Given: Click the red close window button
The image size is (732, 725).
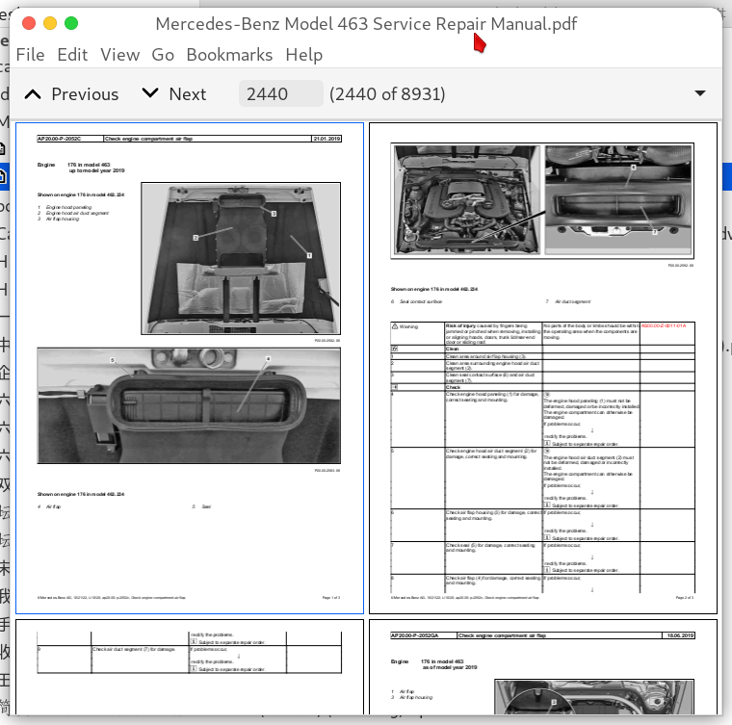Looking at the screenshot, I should pos(29,23).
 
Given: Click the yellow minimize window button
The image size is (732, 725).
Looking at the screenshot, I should pos(50,23).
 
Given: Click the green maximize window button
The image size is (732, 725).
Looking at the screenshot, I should pos(71,23).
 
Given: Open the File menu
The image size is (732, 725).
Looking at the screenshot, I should pos(30,55).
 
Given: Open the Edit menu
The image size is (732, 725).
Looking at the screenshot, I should pos(72,55).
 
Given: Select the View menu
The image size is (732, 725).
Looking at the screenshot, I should pos(119,55).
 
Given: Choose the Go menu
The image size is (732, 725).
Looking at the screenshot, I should pos(163,55).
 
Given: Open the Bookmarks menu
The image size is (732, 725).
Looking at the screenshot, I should pos(229,55).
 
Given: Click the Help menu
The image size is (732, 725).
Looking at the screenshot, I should pos(303,55).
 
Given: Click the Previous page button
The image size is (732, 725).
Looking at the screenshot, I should pos(71,93).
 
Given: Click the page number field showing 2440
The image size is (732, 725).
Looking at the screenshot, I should pos(280,93).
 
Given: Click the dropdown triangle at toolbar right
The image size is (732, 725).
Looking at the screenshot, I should pos(700,93).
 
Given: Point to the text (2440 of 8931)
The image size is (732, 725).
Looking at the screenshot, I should pos(387,93).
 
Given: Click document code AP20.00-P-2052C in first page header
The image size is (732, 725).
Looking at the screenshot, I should pos(66,140).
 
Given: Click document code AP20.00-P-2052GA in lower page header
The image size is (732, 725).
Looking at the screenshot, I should pos(422,635).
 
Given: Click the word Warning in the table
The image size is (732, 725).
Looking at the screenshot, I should pos(409,327).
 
